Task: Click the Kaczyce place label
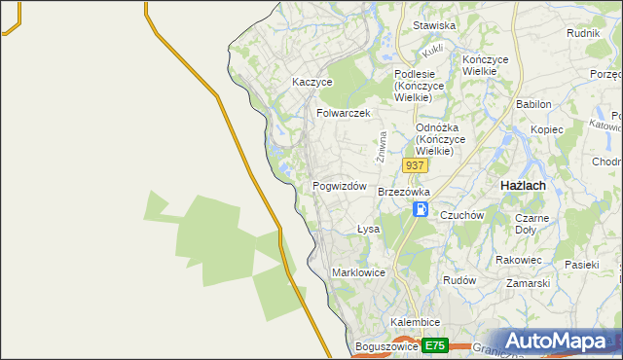tap(312, 83)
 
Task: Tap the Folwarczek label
tap(344, 113)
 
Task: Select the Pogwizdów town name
tap(339, 186)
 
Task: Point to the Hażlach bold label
tap(522, 185)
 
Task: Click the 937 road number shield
tap(415, 165)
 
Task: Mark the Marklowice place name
tap(360, 272)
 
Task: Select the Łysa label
tap(367, 230)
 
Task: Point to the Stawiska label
tap(434, 25)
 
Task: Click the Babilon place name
tap(533, 104)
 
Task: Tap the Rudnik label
tap(582, 32)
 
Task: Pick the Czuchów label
tap(461, 215)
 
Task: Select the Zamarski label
tap(529, 283)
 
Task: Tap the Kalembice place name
tap(416, 322)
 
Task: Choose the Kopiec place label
tap(547, 129)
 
